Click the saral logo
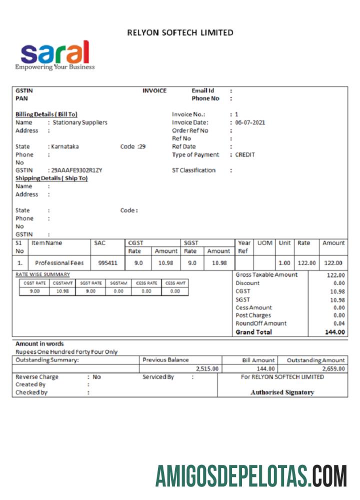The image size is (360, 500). (x=54, y=54)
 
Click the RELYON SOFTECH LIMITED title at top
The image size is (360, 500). (x=180, y=33)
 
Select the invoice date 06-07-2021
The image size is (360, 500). (x=250, y=122)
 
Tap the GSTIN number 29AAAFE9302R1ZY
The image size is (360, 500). (x=76, y=170)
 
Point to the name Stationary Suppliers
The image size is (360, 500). (x=80, y=122)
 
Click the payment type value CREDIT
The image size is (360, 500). (x=245, y=154)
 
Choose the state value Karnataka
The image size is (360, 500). (x=65, y=146)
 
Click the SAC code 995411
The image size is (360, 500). (x=107, y=263)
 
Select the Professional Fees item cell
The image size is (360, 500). (x=59, y=263)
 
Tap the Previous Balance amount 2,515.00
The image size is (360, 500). (x=207, y=368)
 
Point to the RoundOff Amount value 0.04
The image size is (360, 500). (x=339, y=323)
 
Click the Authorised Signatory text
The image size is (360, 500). (x=282, y=392)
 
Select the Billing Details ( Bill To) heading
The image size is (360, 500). (x=46, y=114)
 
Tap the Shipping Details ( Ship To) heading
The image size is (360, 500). (x=51, y=178)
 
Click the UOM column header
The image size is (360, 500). (x=264, y=243)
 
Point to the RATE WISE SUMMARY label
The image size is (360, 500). (x=42, y=274)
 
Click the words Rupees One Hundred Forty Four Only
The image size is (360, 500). (x=66, y=352)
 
